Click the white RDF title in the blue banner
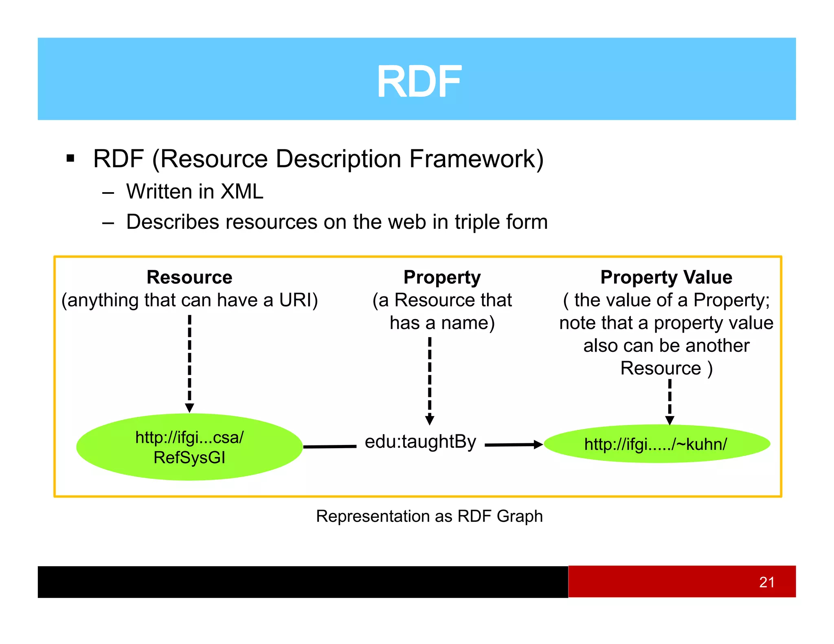(419, 82)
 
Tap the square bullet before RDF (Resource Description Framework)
(70, 158)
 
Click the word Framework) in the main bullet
(476, 159)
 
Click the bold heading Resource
(189, 277)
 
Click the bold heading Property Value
(666, 277)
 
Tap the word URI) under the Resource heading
(298, 300)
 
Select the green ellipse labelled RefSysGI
(189, 447)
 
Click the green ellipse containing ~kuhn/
(656, 444)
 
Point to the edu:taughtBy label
(420, 442)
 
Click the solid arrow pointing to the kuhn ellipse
(514, 445)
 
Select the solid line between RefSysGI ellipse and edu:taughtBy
(330, 447)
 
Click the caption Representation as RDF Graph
(429, 516)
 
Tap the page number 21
(766, 582)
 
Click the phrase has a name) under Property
(442, 323)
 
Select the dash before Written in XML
(108, 192)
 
